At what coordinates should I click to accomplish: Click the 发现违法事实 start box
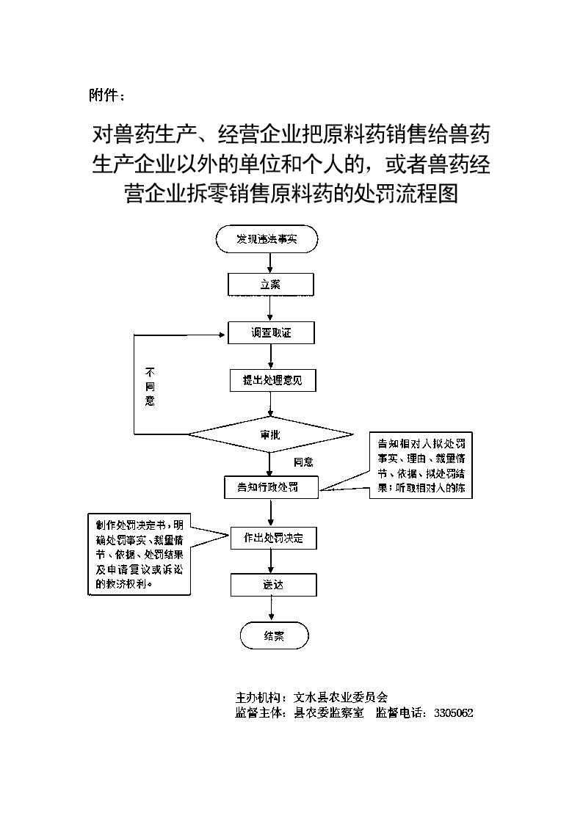click(267, 238)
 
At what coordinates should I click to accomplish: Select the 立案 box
click(271, 284)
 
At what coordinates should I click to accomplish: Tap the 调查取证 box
click(271, 333)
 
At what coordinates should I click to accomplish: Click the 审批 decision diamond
click(270, 434)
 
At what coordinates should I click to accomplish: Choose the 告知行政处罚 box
click(271, 487)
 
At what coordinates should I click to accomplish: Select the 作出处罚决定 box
click(272, 538)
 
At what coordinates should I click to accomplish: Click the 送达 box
click(272, 585)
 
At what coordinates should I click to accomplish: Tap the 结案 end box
click(274, 636)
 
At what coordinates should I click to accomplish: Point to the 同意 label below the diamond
click(303, 462)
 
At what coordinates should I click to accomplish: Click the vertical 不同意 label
click(150, 386)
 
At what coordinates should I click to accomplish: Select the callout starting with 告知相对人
click(421, 466)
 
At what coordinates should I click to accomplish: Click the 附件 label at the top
click(106, 95)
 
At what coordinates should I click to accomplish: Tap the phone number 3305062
click(453, 712)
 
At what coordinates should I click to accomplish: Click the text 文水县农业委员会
click(340, 697)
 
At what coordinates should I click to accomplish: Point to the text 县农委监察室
click(328, 712)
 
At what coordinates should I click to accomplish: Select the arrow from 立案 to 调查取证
click(271, 308)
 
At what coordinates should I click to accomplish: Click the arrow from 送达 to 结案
click(272, 609)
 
